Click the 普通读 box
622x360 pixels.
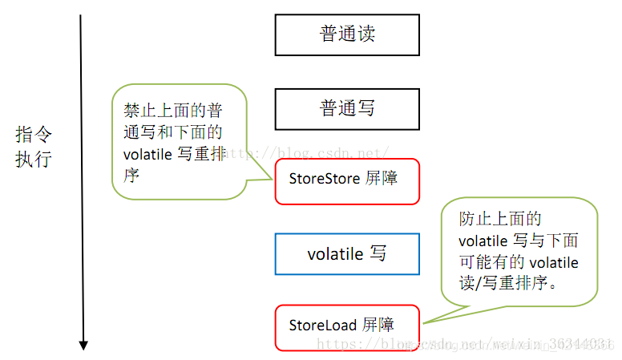[346, 34]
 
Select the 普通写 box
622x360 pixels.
[346, 108]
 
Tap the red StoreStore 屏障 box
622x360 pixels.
[346, 180]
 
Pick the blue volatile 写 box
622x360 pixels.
[346, 254]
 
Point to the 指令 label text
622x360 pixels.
[33, 135]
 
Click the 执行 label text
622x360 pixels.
[33, 159]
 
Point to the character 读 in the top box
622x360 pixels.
[366, 34]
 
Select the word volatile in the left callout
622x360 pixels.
[147, 155]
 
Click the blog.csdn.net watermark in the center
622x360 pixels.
[313, 152]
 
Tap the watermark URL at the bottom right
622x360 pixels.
[465, 344]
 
